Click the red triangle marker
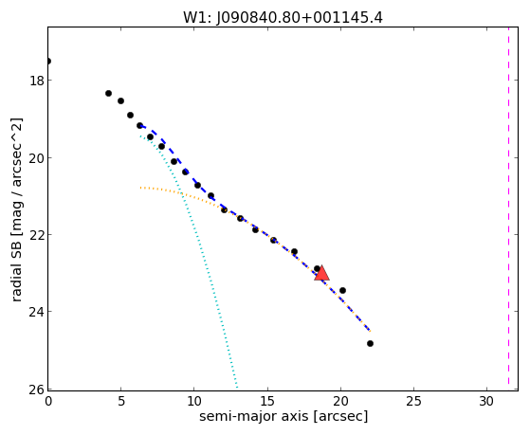click(321, 273)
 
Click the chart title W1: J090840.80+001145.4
click(283, 18)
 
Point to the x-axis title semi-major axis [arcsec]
click(283, 416)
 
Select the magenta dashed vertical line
click(508, 208)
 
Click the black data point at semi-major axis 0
click(48, 62)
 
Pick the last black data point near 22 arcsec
click(370, 344)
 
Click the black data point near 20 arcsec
click(342, 290)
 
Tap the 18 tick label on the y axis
click(36, 81)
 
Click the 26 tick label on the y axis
click(36, 390)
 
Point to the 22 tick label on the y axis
click(36, 235)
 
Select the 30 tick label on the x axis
click(487, 401)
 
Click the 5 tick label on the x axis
click(121, 401)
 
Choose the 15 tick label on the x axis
click(267, 401)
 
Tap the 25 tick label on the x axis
click(414, 401)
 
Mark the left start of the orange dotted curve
click(140, 188)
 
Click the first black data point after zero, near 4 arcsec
click(108, 93)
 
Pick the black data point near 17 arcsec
click(295, 251)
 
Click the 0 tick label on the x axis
click(48, 401)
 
